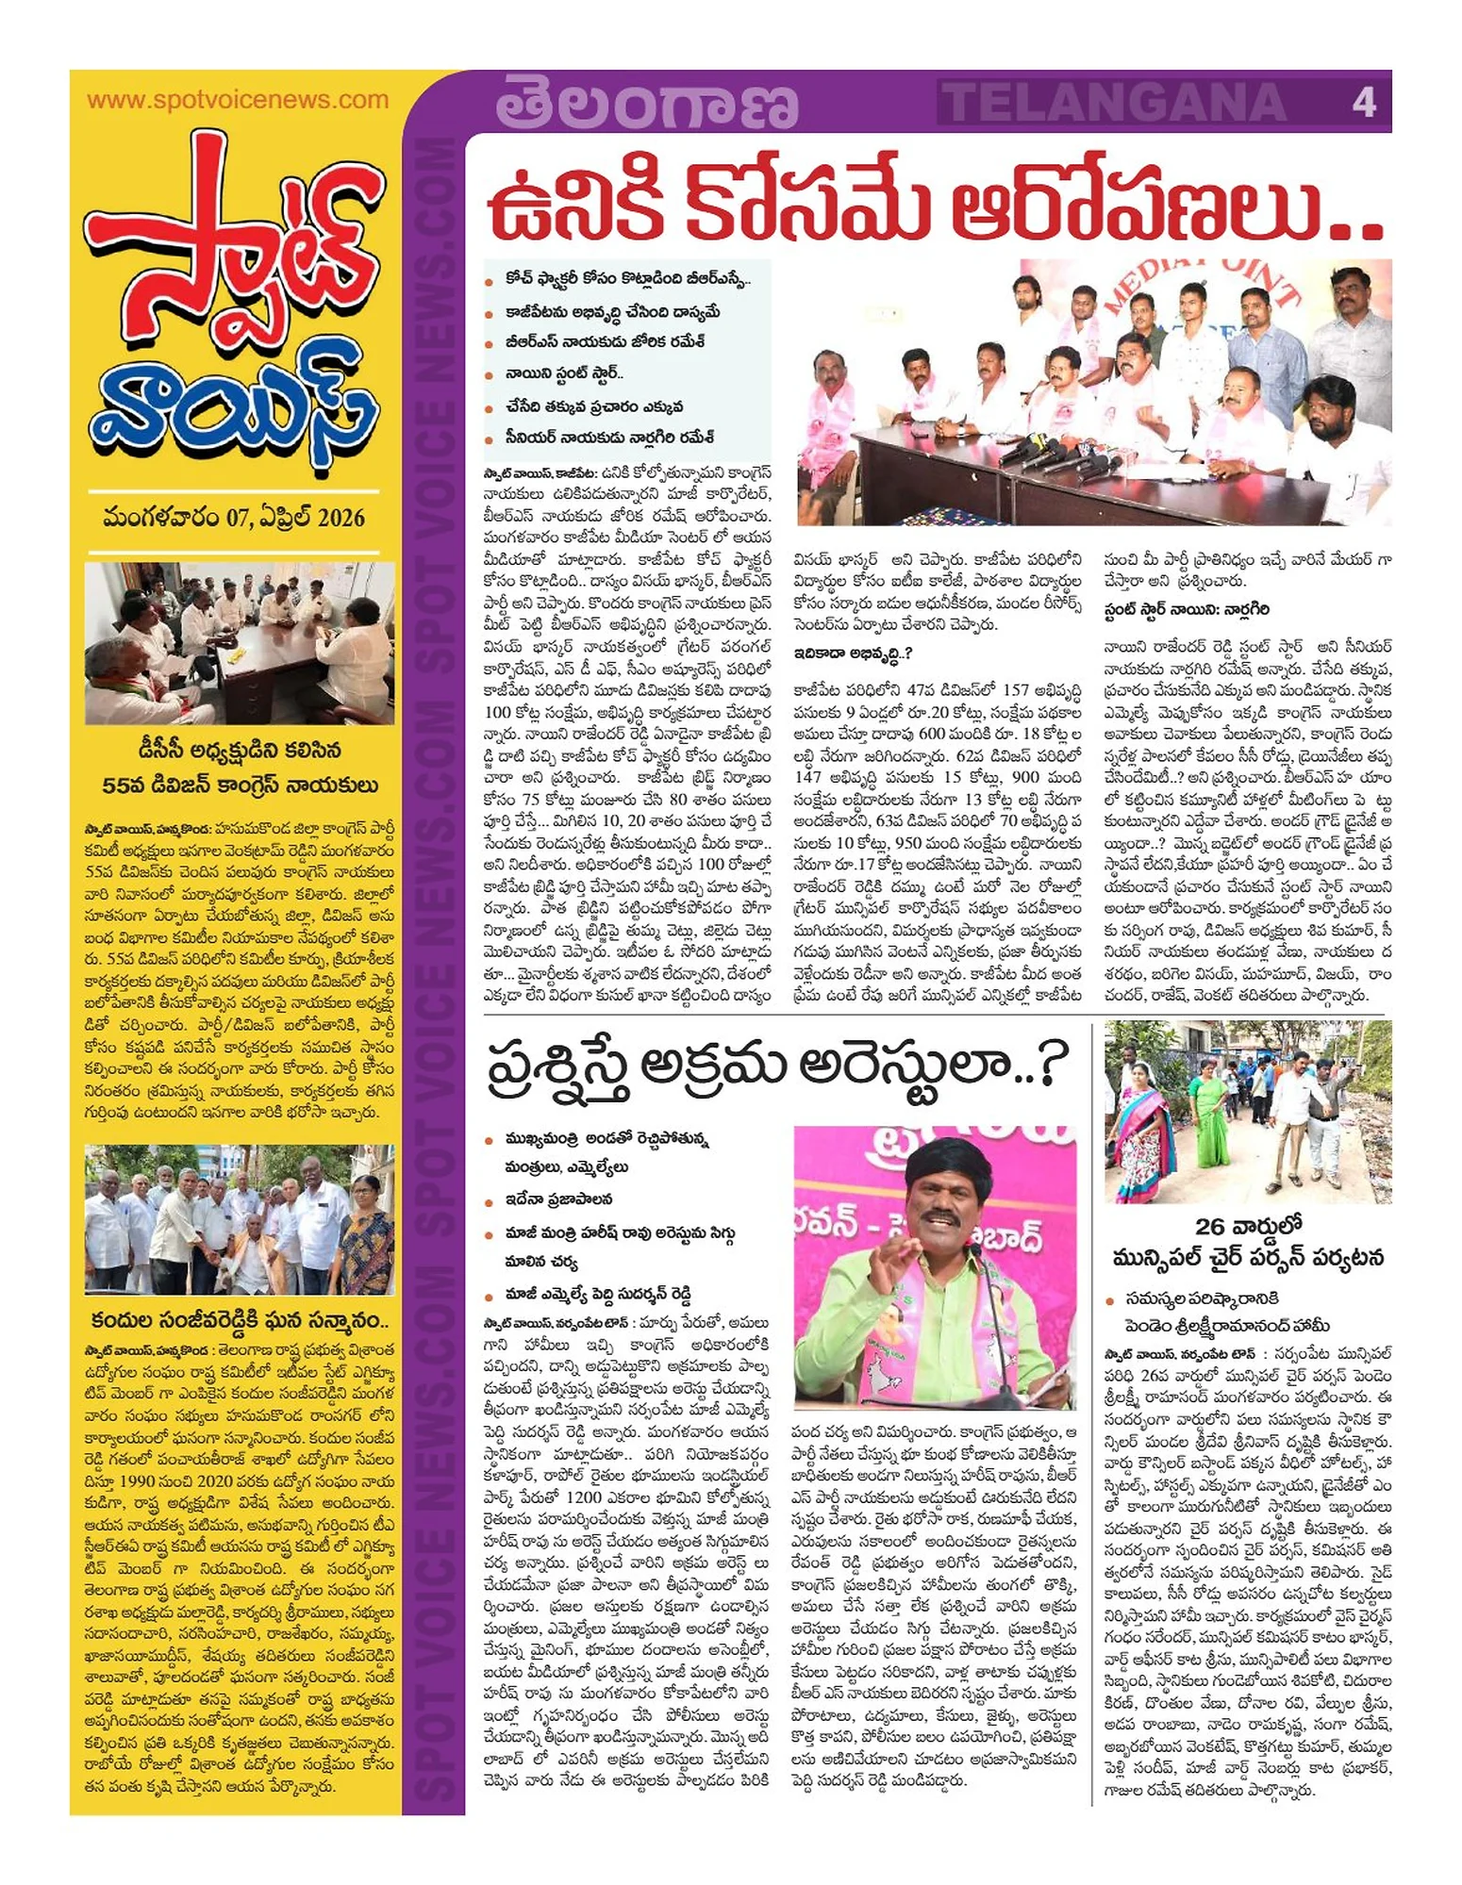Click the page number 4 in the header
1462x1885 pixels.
pos(1363,102)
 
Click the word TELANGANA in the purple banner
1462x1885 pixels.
pos(1114,103)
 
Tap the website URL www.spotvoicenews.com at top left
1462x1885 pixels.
pos(237,100)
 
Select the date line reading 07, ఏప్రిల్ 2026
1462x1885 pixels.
pos(234,518)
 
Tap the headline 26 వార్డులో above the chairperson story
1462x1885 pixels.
pos(1248,1226)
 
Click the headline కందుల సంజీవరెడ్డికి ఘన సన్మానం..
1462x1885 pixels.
pos(240,1319)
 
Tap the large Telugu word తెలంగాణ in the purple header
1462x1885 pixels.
pos(646,104)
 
